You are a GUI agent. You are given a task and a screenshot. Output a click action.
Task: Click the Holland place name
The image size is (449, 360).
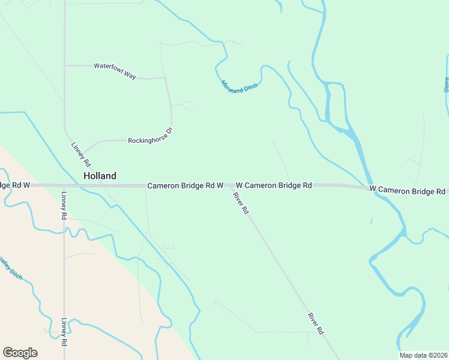pyautogui.click(x=100, y=176)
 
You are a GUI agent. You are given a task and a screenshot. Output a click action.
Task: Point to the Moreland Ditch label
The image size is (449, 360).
pyautogui.click(x=239, y=86)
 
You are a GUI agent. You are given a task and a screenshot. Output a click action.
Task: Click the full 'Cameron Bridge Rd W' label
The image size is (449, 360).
pyautogui.click(x=185, y=186)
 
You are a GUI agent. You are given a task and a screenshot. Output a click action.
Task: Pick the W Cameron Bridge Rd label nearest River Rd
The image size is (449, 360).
pyautogui.click(x=274, y=185)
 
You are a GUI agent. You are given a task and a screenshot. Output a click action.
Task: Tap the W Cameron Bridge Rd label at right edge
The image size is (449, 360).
pyautogui.click(x=408, y=191)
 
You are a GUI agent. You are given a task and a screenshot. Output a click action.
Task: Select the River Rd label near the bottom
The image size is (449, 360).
pyautogui.click(x=316, y=323)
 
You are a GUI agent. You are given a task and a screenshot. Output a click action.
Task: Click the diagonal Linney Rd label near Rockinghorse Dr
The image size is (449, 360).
pyautogui.click(x=81, y=154)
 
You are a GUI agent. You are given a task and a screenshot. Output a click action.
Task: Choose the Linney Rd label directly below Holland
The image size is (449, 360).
pyautogui.click(x=64, y=205)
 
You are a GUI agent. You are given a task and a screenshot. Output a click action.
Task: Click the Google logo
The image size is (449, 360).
pyautogui.click(x=20, y=353)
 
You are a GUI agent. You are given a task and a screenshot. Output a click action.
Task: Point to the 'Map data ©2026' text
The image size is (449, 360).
pyautogui.click(x=423, y=355)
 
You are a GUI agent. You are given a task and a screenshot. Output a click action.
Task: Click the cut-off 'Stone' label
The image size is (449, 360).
pyautogui.click(x=446, y=84)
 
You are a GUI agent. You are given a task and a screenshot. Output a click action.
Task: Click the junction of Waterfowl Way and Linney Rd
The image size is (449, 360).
pyautogui.click(x=64, y=65)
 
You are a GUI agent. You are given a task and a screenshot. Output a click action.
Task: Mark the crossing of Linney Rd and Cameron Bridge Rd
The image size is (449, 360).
pyautogui.click(x=64, y=185)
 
